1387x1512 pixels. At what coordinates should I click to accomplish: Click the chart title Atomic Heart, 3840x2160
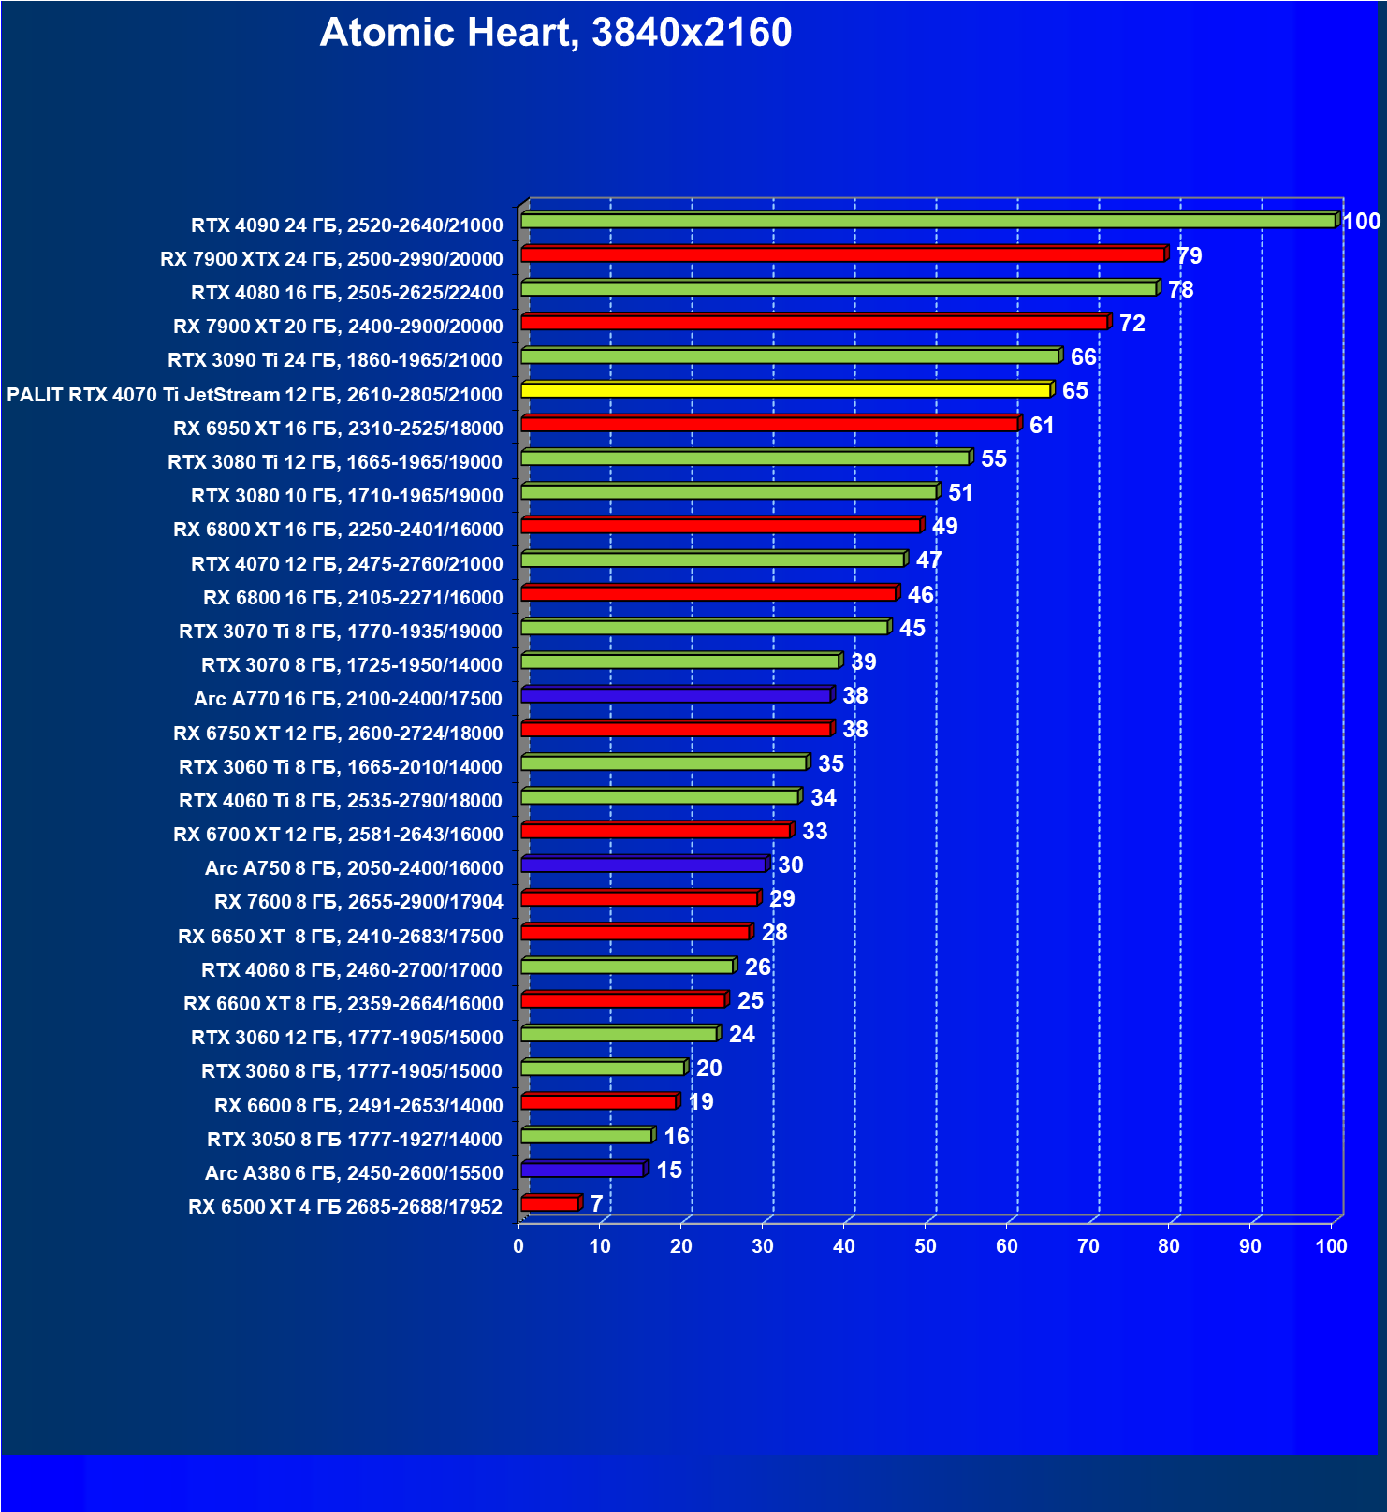point(555,33)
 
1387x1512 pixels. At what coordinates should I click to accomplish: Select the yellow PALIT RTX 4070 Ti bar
point(786,390)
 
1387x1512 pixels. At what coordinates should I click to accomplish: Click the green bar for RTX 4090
point(927,221)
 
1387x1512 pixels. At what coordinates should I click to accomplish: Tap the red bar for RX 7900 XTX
point(842,254)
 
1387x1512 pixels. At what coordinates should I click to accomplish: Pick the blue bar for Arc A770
point(676,695)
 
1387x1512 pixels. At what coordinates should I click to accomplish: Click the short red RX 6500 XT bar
point(550,1203)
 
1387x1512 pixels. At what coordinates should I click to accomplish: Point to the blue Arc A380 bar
point(582,1170)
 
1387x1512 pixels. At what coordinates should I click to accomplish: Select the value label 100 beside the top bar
point(1362,222)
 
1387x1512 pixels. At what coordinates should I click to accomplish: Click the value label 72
point(1132,324)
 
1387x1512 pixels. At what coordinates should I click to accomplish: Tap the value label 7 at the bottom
point(597,1204)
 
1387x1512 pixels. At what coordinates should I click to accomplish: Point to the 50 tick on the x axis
point(926,1246)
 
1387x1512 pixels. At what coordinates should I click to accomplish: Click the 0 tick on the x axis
point(518,1246)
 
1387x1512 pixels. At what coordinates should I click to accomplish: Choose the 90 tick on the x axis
point(1250,1246)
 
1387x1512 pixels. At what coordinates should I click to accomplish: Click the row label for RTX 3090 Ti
point(335,360)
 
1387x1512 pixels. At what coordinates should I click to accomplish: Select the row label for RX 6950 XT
point(338,429)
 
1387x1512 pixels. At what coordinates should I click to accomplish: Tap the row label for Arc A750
point(354,868)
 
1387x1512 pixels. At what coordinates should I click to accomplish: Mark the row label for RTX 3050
point(355,1140)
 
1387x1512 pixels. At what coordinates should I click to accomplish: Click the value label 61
point(1042,426)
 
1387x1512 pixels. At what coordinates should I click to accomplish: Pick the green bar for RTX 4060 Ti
point(660,797)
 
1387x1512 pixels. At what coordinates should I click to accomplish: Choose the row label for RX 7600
point(358,902)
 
